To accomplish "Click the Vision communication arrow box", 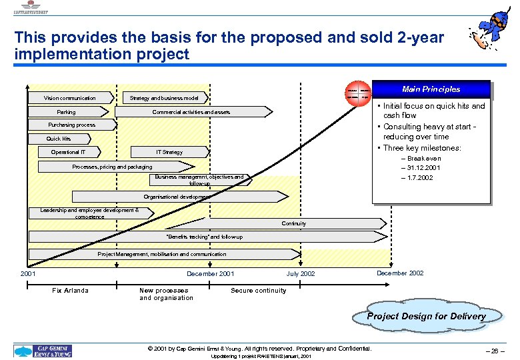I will (71, 98).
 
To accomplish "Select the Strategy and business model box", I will (163, 98).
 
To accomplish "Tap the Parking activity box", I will (67, 112).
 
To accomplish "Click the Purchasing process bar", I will (72, 125).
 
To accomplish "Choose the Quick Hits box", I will (59, 139).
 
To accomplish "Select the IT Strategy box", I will (169, 152).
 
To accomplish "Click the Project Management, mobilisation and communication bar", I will (163, 254).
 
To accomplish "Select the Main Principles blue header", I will (431, 89).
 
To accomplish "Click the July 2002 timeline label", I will (301, 274).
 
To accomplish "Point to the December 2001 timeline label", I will (210, 274).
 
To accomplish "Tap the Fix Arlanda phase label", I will (70, 291).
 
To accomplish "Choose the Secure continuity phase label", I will (258, 291).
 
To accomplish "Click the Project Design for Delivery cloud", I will (427, 316).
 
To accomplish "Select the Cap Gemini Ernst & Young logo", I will (43, 351).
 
